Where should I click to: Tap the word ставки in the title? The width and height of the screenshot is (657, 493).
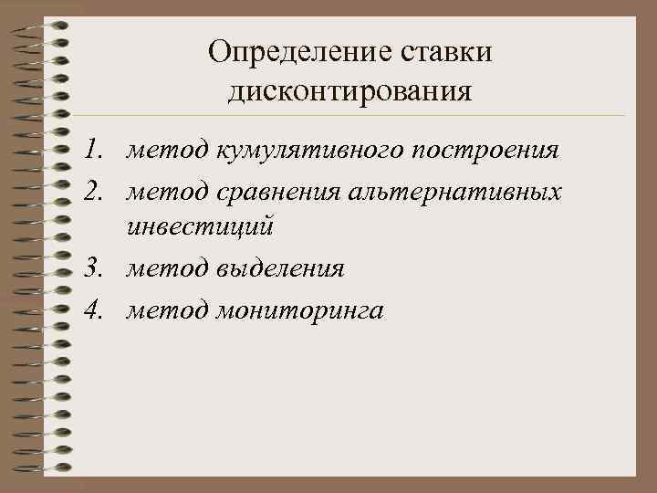tap(445, 52)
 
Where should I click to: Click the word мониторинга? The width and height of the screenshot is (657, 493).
tap(301, 311)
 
